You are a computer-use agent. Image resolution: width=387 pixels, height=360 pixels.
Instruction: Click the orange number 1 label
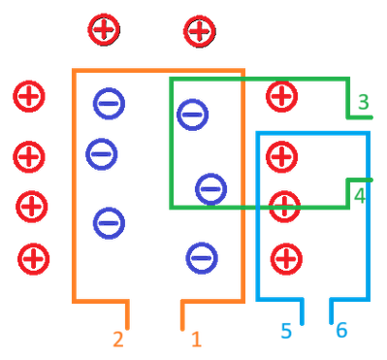click(196, 339)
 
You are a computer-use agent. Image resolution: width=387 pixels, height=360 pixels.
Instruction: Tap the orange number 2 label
click(117, 340)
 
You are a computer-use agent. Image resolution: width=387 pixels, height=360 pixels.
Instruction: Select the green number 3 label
click(363, 102)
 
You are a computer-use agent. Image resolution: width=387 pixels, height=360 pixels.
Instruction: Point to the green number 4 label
click(360, 195)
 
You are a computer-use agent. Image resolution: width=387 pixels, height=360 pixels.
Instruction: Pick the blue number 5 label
click(286, 331)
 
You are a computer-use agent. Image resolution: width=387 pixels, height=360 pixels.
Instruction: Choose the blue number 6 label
click(341, 331)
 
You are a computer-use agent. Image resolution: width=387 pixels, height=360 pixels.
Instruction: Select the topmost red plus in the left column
click(28, 96)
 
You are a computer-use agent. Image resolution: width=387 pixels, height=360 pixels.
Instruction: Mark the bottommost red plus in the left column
click(34, 258)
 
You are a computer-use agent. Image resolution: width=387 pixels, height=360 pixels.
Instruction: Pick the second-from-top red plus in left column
click(29, 153)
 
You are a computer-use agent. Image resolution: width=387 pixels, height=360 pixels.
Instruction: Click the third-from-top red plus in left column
click(31, 205)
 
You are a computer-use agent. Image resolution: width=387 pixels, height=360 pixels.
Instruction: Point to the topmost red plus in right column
click(281, 96)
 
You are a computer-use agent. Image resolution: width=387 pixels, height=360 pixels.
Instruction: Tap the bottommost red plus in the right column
click(283, 257)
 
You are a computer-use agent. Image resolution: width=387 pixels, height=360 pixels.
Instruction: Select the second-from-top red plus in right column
click(281, 154)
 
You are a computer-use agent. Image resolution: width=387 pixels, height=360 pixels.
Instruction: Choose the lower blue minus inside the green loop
click(210, 187)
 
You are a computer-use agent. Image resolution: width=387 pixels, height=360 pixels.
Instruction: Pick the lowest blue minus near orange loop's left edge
click(109, 221)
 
